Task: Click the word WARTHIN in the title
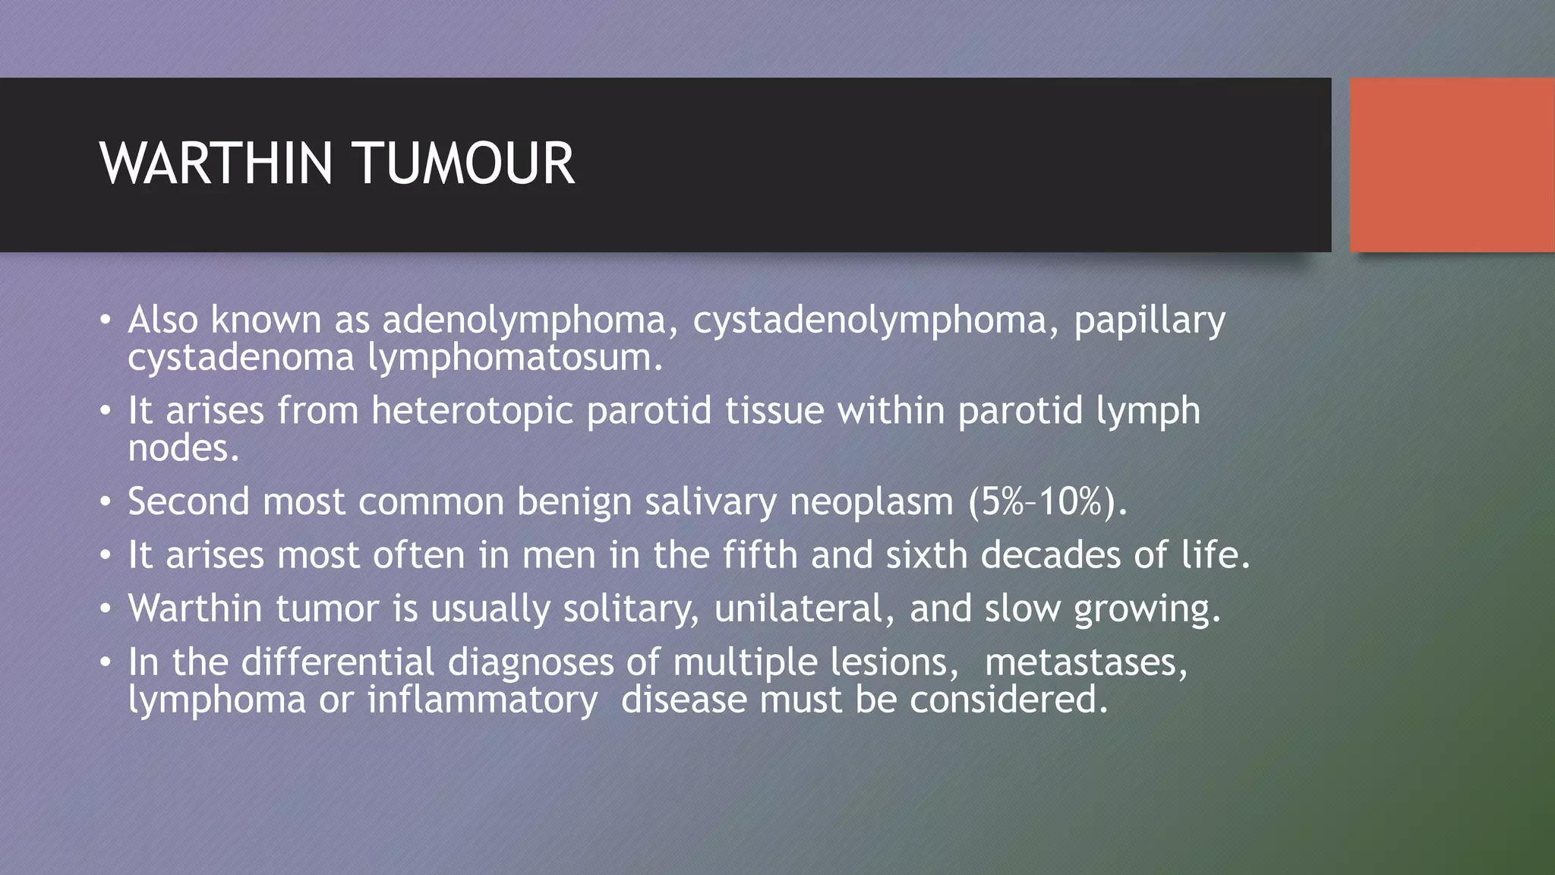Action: [216, 163]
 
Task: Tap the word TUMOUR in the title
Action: [463, 163]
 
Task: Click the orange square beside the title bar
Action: [1452, 165]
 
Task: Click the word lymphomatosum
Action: [515, 358]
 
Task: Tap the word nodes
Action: [183, 448]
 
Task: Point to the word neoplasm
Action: [871, 502]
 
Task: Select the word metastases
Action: [1085, 662]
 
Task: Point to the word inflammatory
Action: [482, 700]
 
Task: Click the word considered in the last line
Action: [1008, 700]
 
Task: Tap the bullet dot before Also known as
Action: [106, 320]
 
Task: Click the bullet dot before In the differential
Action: [106, 662]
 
